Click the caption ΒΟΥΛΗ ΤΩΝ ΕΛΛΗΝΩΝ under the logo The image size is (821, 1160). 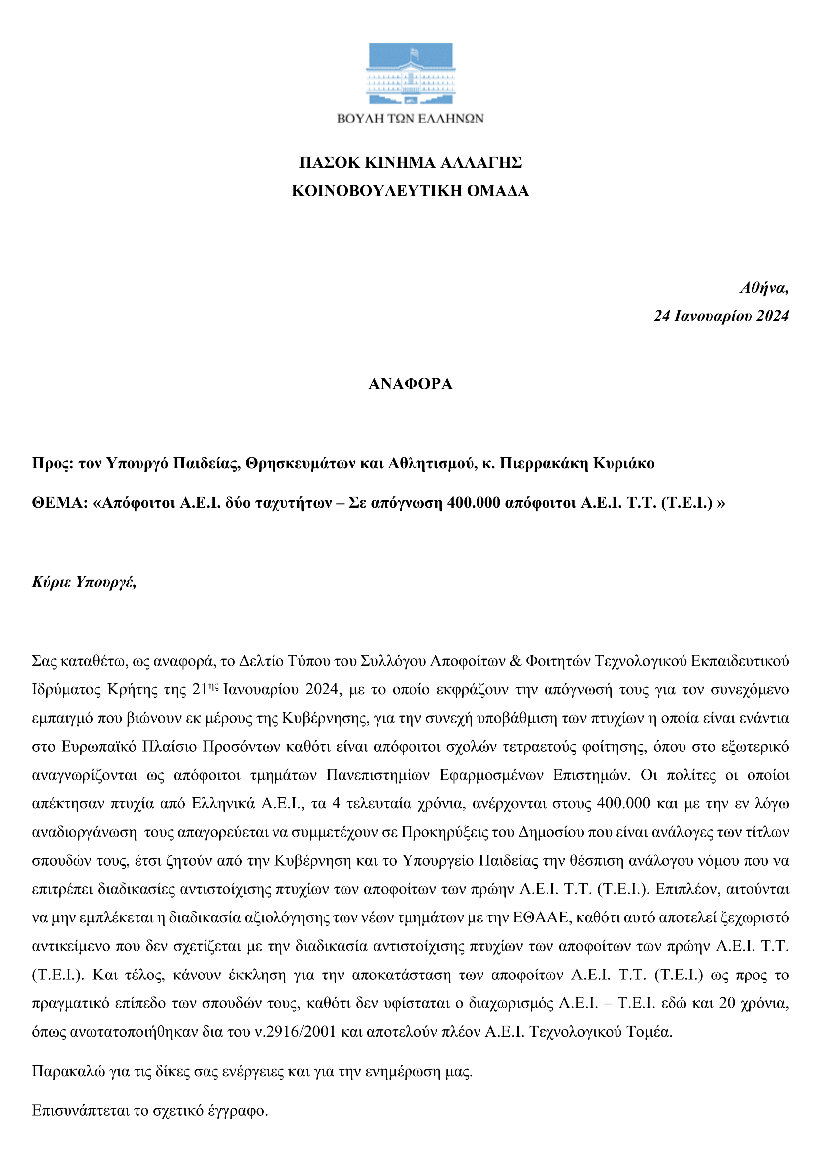coord(410,119)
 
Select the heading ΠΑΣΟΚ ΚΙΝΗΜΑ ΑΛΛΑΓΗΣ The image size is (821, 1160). coord(410,163)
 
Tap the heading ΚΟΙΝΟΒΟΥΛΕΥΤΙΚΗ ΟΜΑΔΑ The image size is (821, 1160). coord(410,191)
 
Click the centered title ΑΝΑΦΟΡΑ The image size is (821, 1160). coord(410,384)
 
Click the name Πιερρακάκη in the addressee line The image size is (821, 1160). coord(544,463)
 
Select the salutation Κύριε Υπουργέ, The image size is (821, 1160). coord(84,582)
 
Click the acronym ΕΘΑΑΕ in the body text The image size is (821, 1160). coord(541,917)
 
